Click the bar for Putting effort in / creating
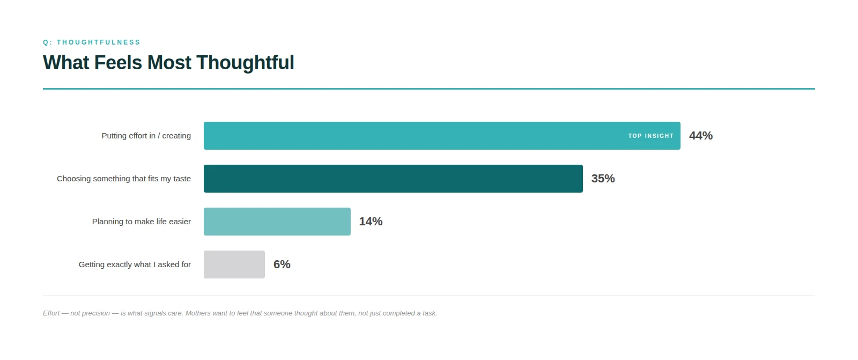pos(408,136)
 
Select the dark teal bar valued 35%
pos(393,179)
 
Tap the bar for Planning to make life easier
pos(277,222)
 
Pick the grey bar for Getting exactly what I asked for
pos(234,265)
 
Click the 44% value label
pos(701,136)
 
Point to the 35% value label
pos(603,179)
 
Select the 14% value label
pos(371,222)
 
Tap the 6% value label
pos(282,265)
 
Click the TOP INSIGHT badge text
pos(650,136)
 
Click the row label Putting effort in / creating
pos(146,136)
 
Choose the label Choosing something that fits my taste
pos(124,179)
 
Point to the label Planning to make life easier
pos(142,222)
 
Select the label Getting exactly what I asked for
pos(135,265)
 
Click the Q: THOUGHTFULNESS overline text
pos(92,42)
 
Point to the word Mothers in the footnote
pos(198,313)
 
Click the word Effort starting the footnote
pos(51,313)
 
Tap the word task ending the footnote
pos(429,313)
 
